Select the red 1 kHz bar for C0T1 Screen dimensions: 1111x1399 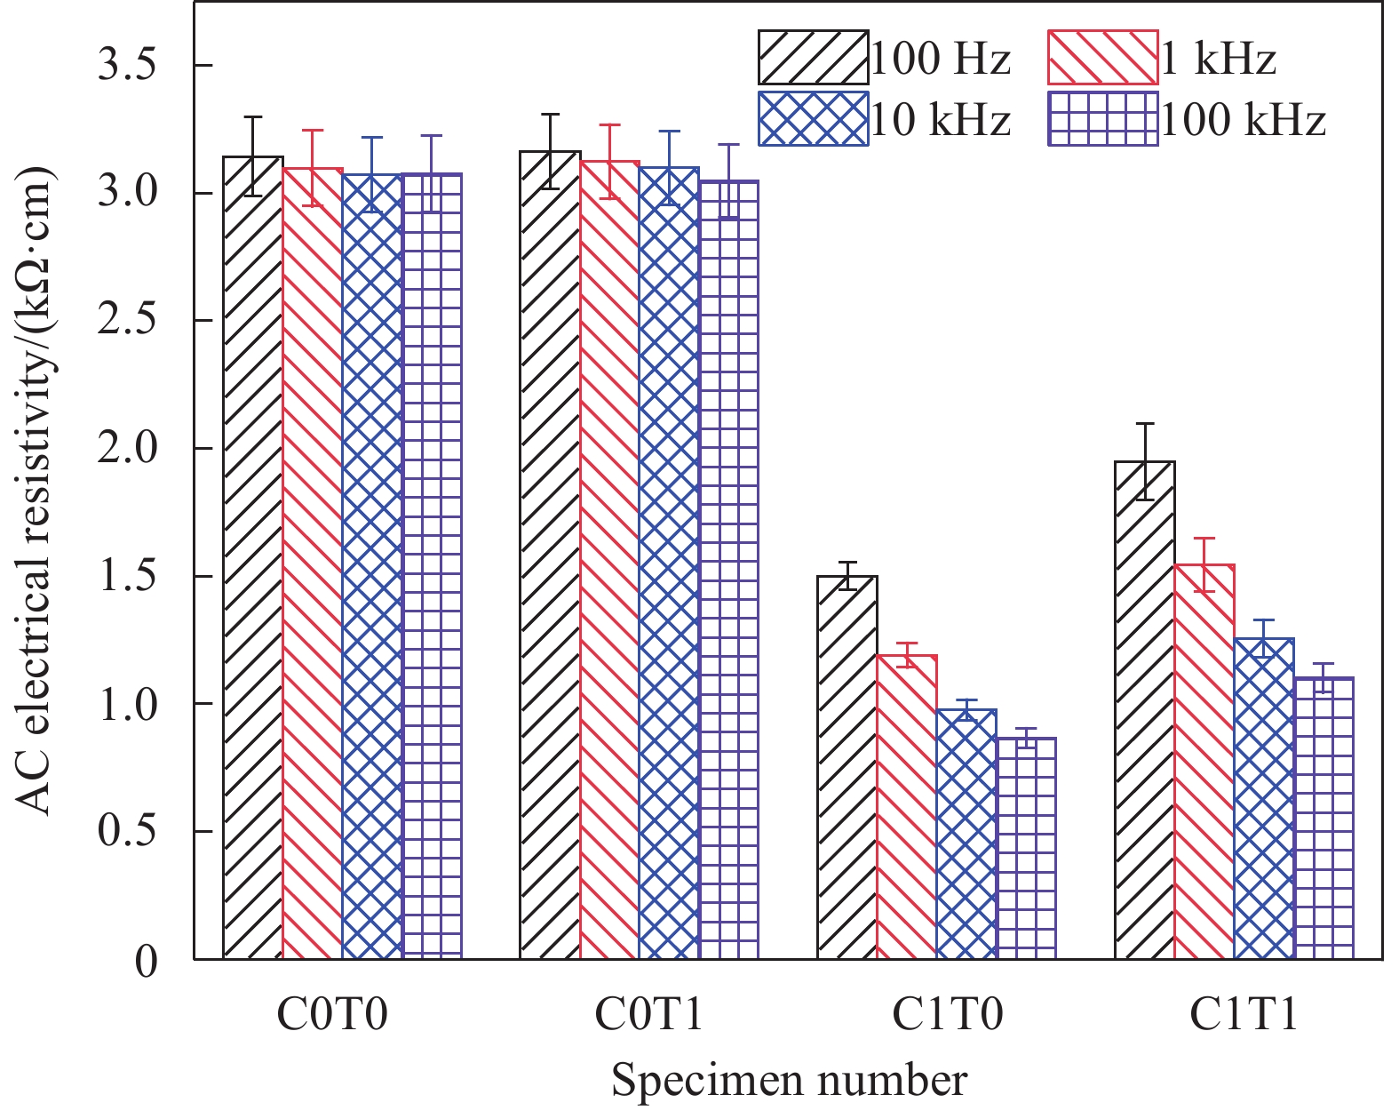pyautogui.click(x=610, y=560)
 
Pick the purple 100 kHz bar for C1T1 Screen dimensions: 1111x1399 pyautogui.click(x=1323, y=818)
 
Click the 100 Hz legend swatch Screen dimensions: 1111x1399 pyautogui.click(x=813, y=58)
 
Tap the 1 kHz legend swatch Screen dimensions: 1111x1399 pyautogui.click(x=1103, y=58)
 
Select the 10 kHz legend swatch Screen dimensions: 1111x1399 pyautogui.click(x=813, y=118)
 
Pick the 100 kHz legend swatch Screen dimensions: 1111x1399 pyautogui.click(x=1103, y=118)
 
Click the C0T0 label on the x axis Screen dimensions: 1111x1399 pyautogui.click(x=332, y=1014)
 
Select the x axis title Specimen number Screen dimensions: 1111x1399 pyautogui.click(x=789, y=1081)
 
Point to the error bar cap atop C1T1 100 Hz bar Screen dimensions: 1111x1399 pyautogui.click(x=1145, y=424)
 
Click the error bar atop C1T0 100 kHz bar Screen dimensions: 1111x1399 pyautogui.click(x=1026, y=738)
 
